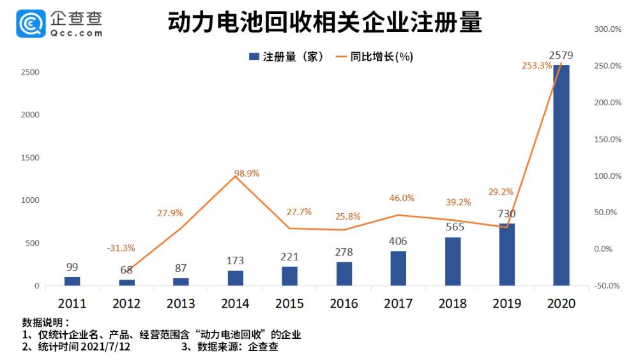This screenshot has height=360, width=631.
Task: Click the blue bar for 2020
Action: click(x=561, y=176)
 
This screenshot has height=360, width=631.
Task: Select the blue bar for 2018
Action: click(x=452, y=261)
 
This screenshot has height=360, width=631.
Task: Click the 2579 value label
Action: click(x=561, y=56)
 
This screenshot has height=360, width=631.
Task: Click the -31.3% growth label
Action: click(x=121, y=248)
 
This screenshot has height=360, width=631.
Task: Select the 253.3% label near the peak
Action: click(x=536, y=65)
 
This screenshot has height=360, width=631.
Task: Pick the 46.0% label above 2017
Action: click(x=402, y=198)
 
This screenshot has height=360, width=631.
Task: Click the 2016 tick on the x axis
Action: click(x=344, y=304)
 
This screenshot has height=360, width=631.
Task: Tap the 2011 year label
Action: click(x=72, y=304)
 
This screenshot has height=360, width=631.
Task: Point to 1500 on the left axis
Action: click(x=29, y=158)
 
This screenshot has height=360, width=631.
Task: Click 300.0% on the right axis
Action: click(x=607, y=29)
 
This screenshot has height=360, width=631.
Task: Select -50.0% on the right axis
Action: click(x=607, y=285)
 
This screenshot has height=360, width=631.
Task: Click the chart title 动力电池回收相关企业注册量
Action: click(x=324, y=23)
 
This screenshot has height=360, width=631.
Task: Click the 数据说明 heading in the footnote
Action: click(x=45, y=322)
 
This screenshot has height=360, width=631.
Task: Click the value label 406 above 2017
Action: click(x=398, y=241)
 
